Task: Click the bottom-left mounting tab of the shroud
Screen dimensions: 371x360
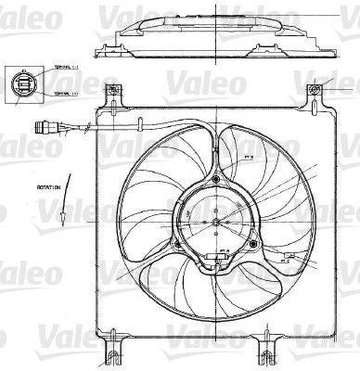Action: (114, 351)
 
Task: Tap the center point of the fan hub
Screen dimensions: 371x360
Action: (218, 222)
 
